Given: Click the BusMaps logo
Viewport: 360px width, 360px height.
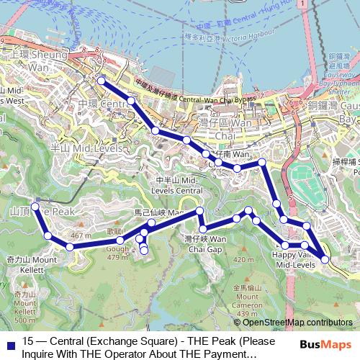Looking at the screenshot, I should coord(325,344).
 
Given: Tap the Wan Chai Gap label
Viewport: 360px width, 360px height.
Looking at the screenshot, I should coord(205,243).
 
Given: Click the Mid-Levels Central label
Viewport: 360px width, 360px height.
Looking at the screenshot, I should coord(179,185).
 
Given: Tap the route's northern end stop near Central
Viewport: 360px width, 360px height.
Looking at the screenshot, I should coord(101,81).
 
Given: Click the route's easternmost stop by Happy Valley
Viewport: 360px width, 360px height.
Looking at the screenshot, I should coord(325,258).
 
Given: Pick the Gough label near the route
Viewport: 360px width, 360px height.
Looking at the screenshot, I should coord(117,249).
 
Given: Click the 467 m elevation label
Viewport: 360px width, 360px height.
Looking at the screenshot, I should coord(81,235).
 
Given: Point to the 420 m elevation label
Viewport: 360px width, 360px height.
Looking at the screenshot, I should coord(245,259).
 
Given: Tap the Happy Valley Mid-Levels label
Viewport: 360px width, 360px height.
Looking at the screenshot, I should coord(294,260).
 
